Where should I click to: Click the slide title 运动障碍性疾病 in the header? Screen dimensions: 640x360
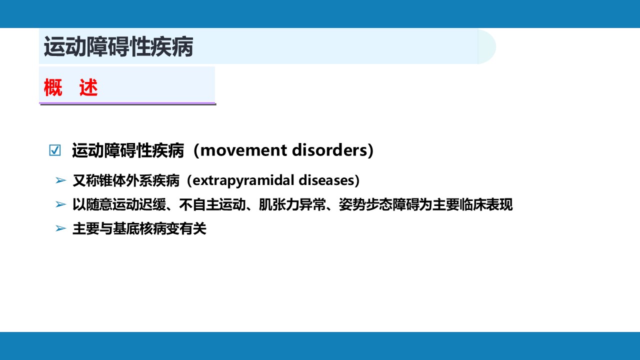tap(118, 46)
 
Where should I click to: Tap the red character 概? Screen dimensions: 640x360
tap(53, 87)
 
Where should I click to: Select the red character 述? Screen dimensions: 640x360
tap(88, 87)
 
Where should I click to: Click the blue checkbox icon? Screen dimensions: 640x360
tap(55, 150)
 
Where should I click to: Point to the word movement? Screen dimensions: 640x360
tap(243, 150)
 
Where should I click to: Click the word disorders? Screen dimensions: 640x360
tap(329, 150)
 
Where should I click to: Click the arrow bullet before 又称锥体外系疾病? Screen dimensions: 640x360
tap(61, 180)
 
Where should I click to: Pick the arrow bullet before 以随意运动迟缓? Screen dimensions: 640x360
tap(61, 204)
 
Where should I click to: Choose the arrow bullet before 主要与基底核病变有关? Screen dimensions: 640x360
tap(61, 228)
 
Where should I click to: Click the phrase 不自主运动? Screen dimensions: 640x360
tap(212, 204)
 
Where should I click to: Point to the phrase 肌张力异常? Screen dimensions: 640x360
tap(292, 204)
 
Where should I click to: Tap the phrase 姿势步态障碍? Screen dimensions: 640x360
tap(379, 204)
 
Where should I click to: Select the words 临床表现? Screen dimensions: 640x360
tap(486, 204)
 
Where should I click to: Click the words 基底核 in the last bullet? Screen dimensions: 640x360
tap(132, 228)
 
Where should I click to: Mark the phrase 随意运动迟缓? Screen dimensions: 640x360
tap(126, 204)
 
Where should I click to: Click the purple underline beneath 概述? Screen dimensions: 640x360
tap(127, 103)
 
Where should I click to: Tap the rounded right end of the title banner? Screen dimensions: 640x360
tap(487, 46)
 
